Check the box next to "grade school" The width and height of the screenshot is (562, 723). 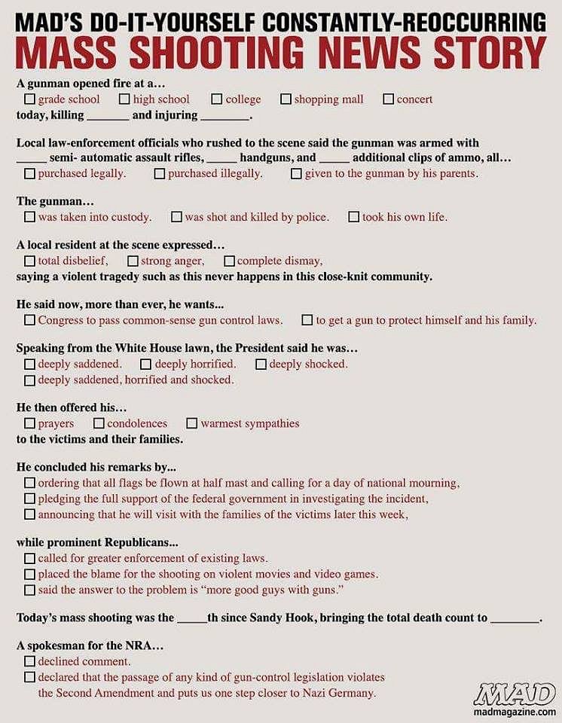tap(29, 99)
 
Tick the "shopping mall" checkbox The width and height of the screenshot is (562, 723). tap(286, 99)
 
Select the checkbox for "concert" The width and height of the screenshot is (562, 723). tap(389, 99)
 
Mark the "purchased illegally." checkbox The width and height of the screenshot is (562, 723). tap(160, 173)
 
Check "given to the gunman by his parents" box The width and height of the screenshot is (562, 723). tap(297, 173)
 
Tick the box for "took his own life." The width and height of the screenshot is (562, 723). tap(354, 217)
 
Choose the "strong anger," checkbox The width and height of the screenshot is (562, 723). tap(133, 261)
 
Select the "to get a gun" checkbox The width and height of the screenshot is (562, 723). tap(307, 320)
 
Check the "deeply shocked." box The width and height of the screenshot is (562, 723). tap(261, 364)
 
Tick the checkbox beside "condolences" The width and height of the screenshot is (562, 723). tap(99, 423)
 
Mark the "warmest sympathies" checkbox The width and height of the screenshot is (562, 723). tap(192, 423)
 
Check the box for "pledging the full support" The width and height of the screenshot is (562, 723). tap(29, 499)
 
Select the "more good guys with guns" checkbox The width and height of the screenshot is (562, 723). tap(29, 590)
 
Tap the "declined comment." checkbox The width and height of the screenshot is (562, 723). tap(29, 661)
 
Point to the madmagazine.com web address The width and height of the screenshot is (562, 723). tap(515, 712)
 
